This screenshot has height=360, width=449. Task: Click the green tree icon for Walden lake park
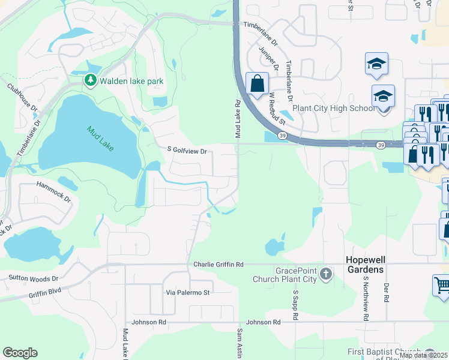(x=90, y=80)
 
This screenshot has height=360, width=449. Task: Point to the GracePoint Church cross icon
(x=325, y=274)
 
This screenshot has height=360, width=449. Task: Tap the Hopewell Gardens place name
(x=364, y=265)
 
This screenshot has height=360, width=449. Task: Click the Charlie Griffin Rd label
(x=218, y=264)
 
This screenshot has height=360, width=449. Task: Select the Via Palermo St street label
(x=188, y=292)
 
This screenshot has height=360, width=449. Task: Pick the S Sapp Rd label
(x=296, y=305)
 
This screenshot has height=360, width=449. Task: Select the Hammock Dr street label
(x=53, y=192)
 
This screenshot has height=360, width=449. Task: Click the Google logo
(x=20, y=353)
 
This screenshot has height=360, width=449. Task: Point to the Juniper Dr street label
(x=268, y=59)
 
